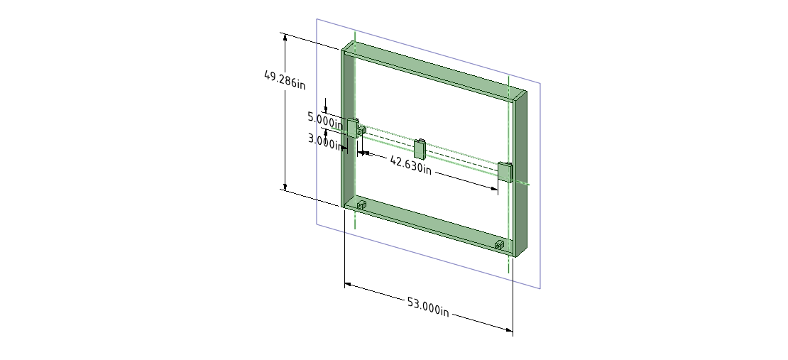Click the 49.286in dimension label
pyautogui.click(x=285, y=79)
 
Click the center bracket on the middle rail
pyautogui.click(x=420, y=149)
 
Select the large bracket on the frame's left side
pyautogui.click(x=352, y=128)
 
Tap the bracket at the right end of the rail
pyautogui.click(x=505, y=172)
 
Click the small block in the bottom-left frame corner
pyautogui.click(x=361, y=205)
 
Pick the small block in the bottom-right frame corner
pyautogui.click(x=499, y=245)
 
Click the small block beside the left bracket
pyautogui.click(x=361, y=131)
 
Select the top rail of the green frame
pyautogui.click(x=433, y=71)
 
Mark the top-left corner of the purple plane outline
pyautogui.click(x=317, y=19)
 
